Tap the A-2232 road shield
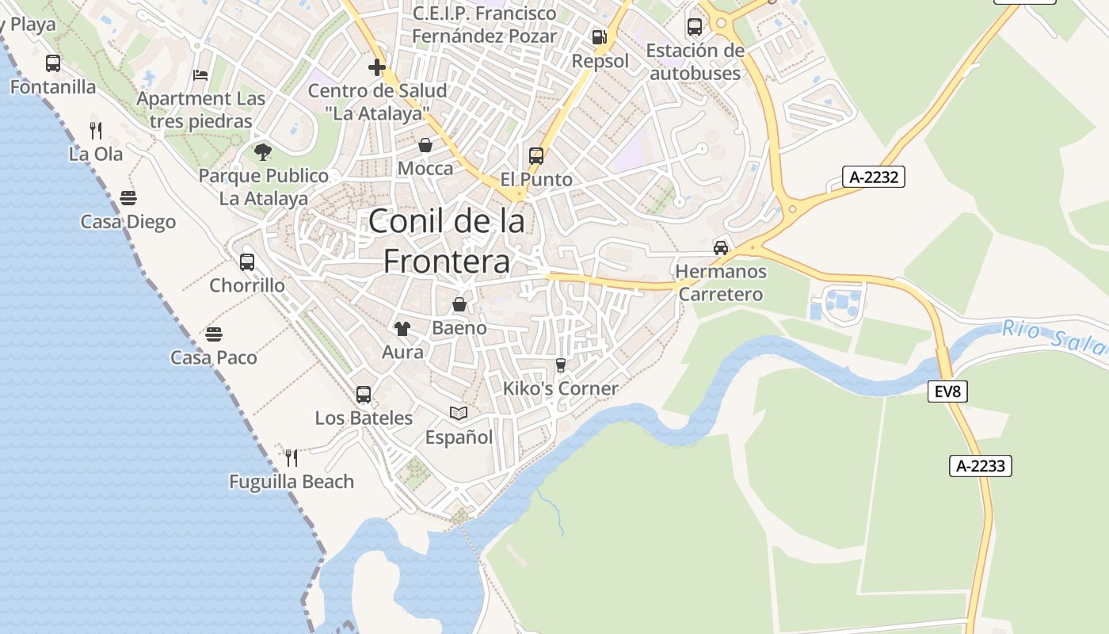(x=873, y=177)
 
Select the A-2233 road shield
(x=981, y=466)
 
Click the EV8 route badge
(x=947, y=391)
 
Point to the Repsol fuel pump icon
(x=600, y=37)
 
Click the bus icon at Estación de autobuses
(x=695, y=27)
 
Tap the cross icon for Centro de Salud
(x=377, y=67)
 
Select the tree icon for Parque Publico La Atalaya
(x=263, y=151)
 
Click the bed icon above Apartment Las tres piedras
(x=200, y=75)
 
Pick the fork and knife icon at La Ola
(x=96, y=130)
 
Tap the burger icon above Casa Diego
(x=128, y=197)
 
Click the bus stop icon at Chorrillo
(x=247, y=262)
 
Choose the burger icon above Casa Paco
(x=214, y=334)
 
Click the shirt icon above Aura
(x=402, y=328)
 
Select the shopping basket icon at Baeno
(x=459, y=304)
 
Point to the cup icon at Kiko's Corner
(x=561, y=365)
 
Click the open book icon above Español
(x=459, y=413)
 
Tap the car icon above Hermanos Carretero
(x=721, y=247)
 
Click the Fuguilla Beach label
(x=292, y=482)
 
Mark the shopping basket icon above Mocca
(x=425, y=145)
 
